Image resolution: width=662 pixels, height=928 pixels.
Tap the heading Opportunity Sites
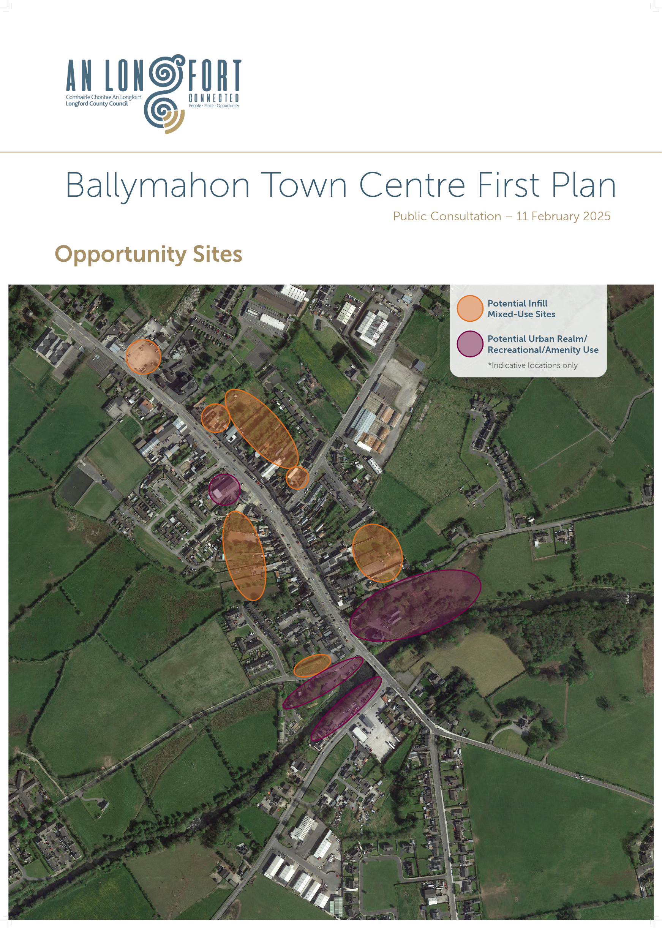149,254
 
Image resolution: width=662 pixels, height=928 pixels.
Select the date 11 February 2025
563,216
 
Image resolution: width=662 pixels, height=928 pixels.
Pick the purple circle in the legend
469,344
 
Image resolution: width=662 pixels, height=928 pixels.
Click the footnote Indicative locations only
534,365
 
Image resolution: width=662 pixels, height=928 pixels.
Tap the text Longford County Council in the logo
96,104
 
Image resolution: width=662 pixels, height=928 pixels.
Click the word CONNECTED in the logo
213,98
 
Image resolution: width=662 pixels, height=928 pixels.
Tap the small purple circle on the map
224,489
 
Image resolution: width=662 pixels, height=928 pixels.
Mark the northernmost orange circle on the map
143,357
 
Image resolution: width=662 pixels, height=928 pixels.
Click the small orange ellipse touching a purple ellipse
312,666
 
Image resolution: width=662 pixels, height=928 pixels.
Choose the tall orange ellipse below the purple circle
244,555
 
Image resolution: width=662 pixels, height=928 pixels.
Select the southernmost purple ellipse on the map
346,708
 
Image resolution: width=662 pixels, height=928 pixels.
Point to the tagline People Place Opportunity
213,106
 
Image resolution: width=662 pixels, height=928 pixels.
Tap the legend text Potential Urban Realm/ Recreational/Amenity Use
543,344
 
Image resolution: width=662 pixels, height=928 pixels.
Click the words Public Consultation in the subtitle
447,216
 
